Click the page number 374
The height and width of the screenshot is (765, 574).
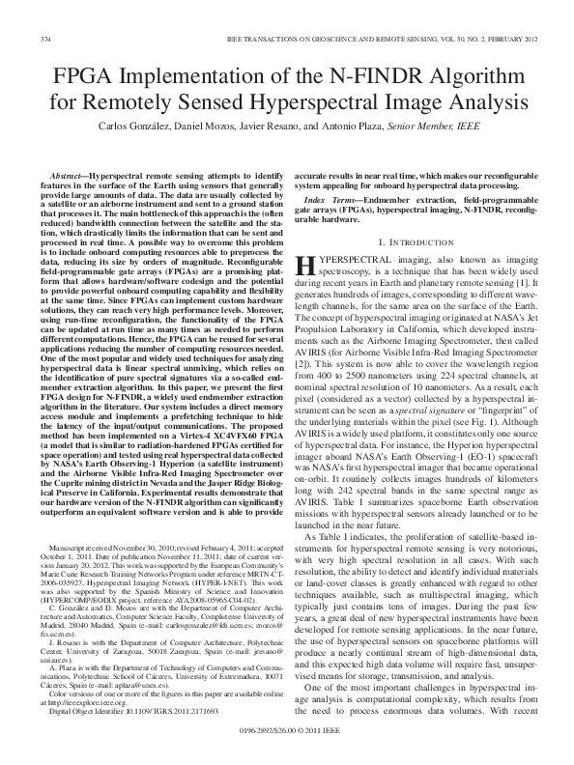tap(44, 39)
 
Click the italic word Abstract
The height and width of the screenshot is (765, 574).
tap(69, 167)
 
